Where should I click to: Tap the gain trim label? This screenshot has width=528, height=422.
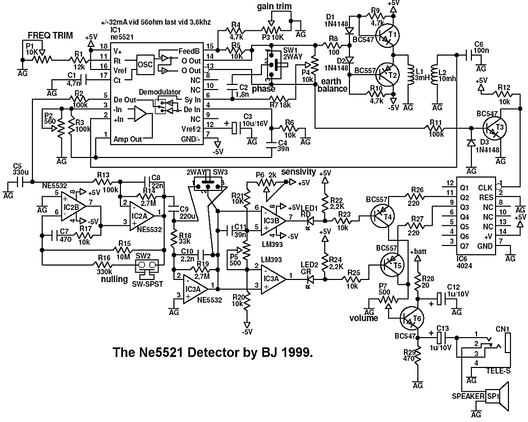(274, 6)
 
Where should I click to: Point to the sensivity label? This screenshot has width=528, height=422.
(299, 172)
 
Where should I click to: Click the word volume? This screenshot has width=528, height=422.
(363, 318)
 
